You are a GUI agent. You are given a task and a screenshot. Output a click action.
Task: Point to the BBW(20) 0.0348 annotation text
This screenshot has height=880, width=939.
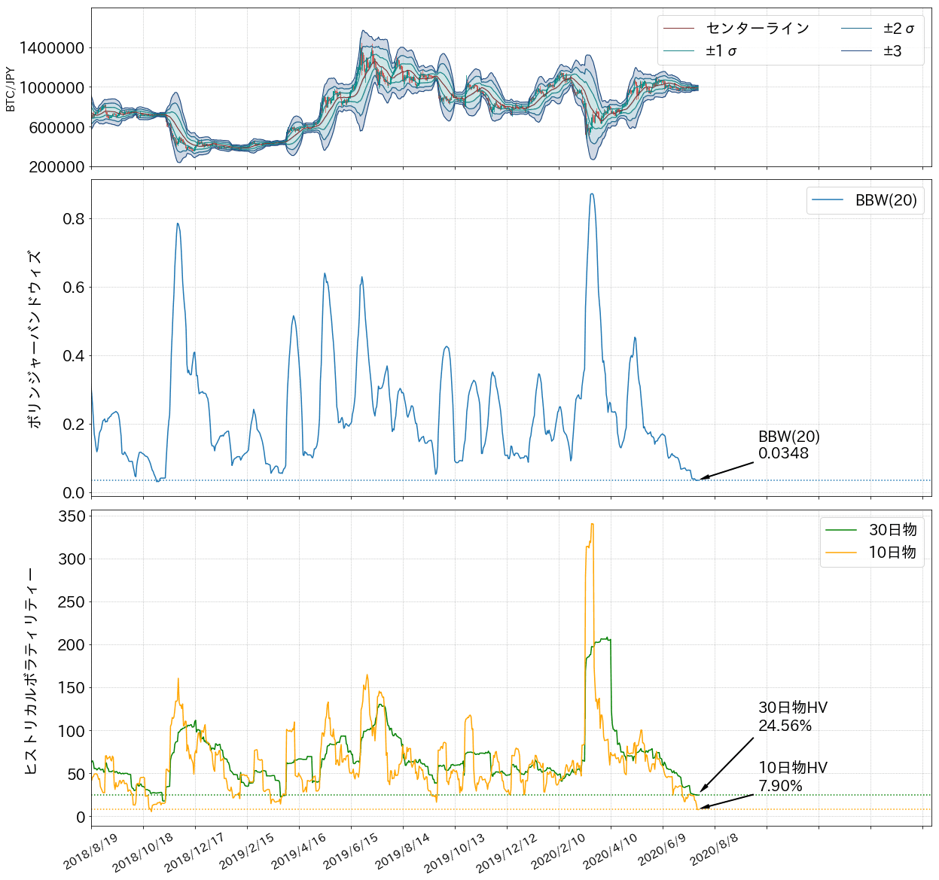pos(788,445)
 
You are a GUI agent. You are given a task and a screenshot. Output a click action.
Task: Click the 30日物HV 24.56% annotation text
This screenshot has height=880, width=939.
pos(792,717)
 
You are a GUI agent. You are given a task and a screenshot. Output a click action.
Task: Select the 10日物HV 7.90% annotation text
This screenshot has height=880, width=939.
pos(792,777)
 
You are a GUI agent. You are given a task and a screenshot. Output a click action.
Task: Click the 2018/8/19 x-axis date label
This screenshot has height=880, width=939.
pos(91,851)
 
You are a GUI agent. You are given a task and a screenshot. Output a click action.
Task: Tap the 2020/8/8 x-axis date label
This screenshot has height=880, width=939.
pos(714,851)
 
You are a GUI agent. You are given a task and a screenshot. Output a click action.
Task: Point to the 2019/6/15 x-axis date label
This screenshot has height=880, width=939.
pos(351,851)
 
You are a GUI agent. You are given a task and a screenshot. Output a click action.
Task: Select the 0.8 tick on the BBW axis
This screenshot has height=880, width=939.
pos(74,219)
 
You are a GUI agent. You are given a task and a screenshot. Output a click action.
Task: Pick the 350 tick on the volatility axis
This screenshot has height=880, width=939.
pos(72,516)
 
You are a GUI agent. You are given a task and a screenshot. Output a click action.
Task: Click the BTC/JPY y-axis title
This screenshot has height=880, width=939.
pos(11,88)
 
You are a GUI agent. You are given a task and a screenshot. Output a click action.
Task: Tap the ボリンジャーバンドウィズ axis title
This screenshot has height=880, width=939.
pos(34,338)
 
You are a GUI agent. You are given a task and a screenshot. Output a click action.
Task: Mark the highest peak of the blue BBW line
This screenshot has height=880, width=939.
pos(592,194)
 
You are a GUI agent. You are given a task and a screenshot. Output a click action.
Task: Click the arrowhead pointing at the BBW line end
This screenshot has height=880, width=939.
pos(703,478)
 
